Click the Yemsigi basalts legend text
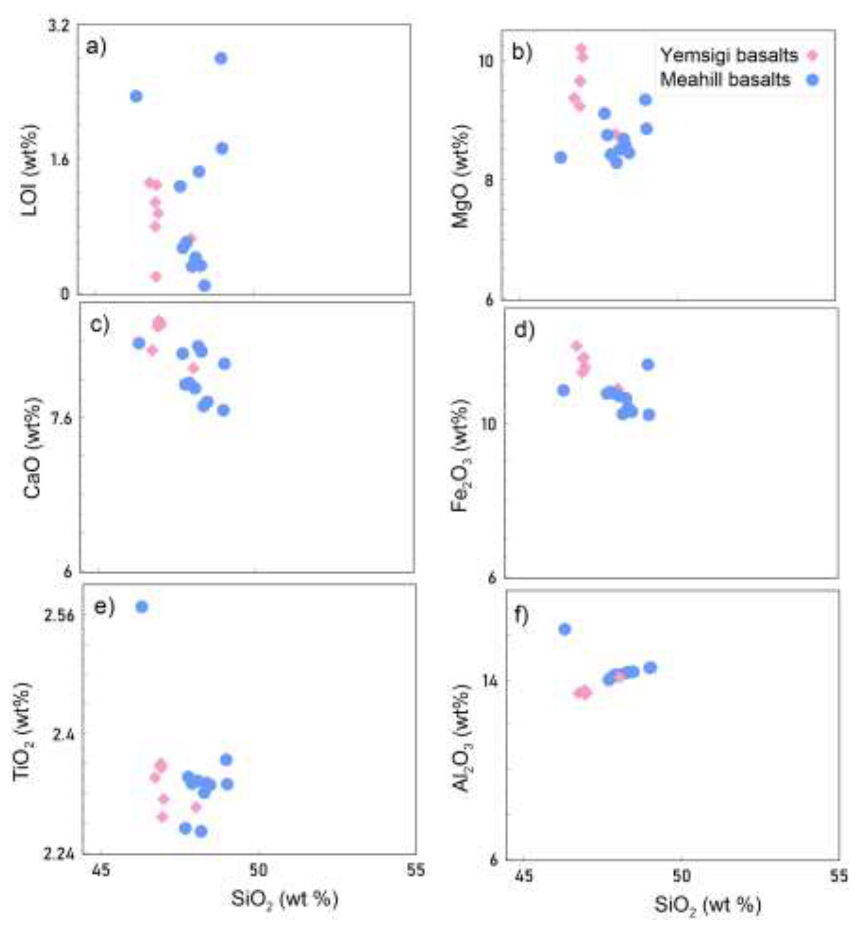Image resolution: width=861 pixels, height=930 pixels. [x=729, y=56]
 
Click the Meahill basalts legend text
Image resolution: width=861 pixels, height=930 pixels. [x=726, y=80]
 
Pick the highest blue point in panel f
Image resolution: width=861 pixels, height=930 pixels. [x=565, y=630]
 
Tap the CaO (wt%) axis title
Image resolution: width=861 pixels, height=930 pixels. [x=33, y=448]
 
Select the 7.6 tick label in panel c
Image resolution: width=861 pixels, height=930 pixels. [x=61, y=418]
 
